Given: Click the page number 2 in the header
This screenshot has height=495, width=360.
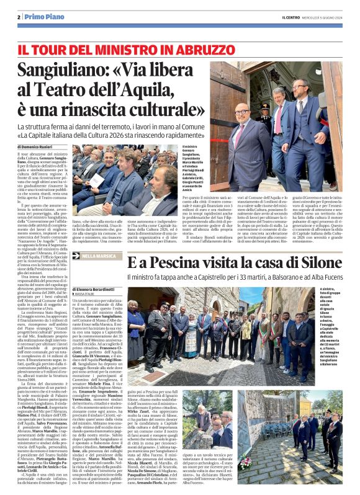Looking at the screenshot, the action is pyautogui.click(x=19, y=16).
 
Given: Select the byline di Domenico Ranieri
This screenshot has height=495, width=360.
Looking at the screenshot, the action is pyautogui.click(x=38, y=146).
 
